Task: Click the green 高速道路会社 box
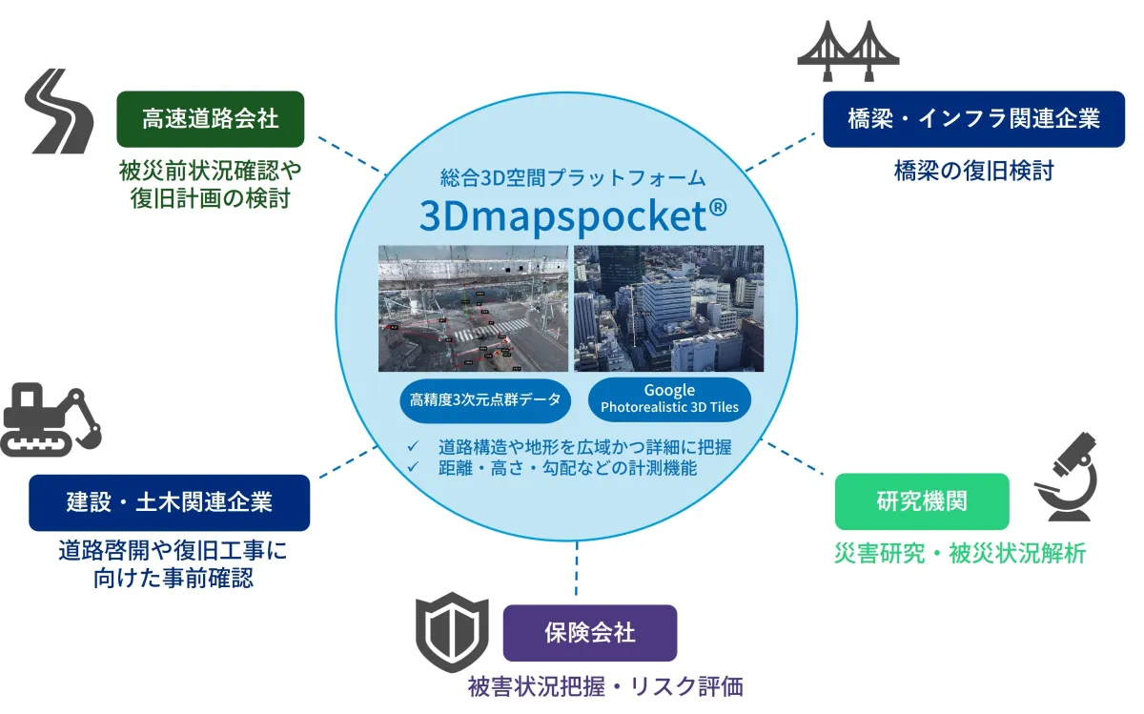click(211, 119)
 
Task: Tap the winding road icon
click(60, 111)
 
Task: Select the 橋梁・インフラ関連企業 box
click(973, 119)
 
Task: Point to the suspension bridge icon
click(848, 51)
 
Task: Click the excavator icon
click(51, 419)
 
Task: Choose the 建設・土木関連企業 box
click(169, 502)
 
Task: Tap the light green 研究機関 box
click(922, 501)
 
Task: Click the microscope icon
click(1067, 477)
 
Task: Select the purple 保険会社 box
click(590, 633)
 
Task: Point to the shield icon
click(452, 632)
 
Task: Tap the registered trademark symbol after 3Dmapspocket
click(718, 207)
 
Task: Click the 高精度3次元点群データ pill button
click(485, 400)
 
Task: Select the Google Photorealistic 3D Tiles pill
click(669, 399)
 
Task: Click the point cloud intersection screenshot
click(473, 309)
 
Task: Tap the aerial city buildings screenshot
click(669, 309)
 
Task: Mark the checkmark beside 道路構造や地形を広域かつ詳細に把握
click(413, 446)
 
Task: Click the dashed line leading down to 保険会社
click(577, 568)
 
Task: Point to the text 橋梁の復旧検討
click(974, 171)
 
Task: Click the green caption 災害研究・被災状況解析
click(960, 554)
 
